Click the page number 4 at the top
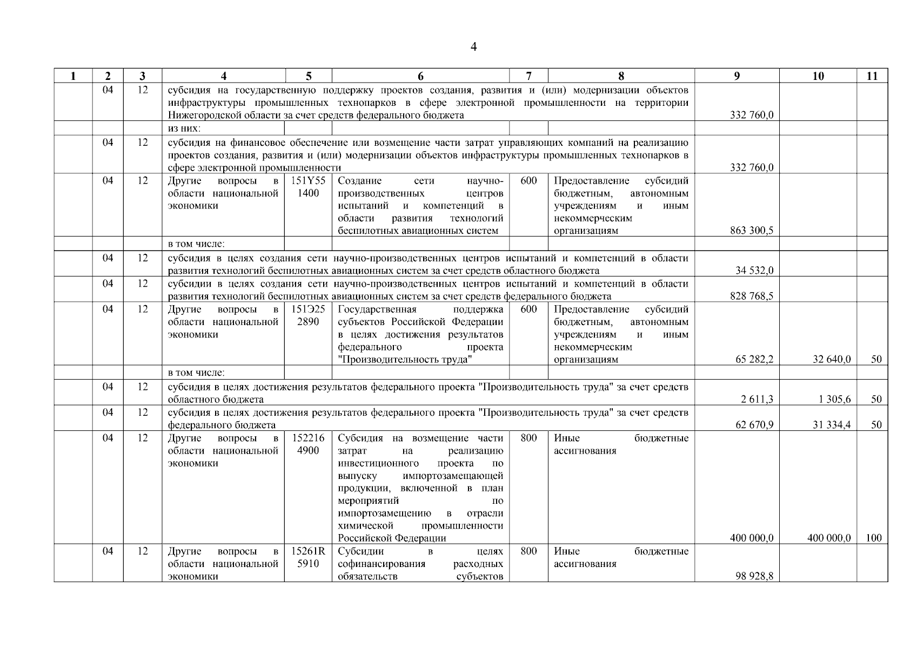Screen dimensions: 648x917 (x=473, y=48)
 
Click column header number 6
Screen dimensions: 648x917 (x=420, y=76)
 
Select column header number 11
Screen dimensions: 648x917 (x=872, y=76)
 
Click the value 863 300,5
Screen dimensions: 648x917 (x=751, y=231)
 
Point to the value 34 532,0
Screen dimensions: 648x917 (x=754, y=271)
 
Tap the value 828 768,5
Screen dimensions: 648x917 (x=751, y=296)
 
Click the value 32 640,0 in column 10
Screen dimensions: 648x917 (x=832, y=360)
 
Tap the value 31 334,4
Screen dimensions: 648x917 (x=832, y=425)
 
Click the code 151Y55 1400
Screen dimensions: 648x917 (x=308, y=187)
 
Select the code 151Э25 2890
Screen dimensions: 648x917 (x=308, y=315)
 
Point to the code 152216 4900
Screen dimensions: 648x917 (x=308, y=444)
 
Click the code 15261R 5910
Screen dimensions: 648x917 (x=308, y=557)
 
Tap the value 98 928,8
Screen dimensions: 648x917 (x=754, y=576)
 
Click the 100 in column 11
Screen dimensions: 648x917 (x=873, y=538)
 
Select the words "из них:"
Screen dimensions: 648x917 (x=184, y=128)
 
